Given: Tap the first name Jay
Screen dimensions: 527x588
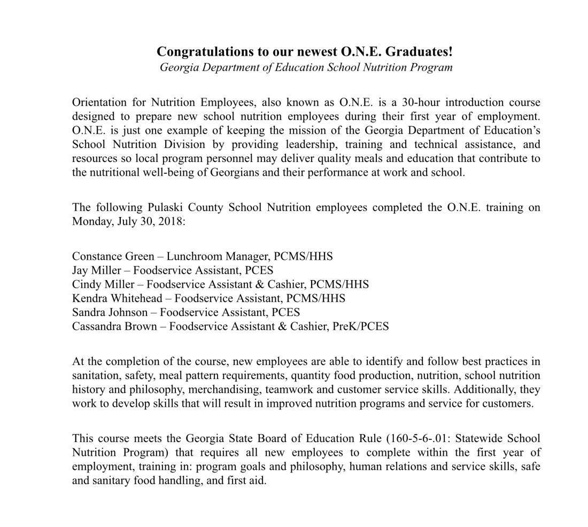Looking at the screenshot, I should pos(80,270).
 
